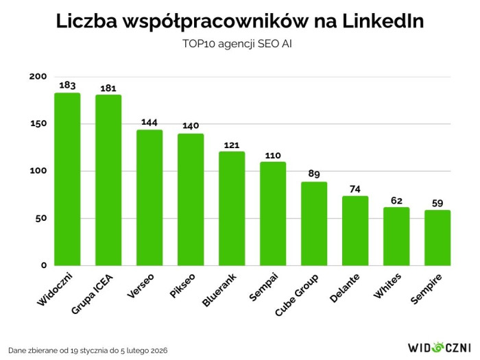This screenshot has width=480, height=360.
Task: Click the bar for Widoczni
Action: [x=67, y=179]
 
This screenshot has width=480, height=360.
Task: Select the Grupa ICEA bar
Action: [x=108, y=180]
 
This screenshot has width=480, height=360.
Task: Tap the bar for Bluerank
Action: [x=232, y=208]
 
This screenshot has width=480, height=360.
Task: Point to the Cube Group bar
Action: [x=314, y=224]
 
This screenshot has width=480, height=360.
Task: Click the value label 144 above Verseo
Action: [x=149, y=122]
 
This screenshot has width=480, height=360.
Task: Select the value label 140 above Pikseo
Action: [x=191, y=126]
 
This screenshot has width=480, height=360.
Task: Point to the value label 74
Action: [x=355, y=189]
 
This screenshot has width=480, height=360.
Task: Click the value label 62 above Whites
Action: [x=396, y=200]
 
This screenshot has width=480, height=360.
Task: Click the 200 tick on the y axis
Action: [x=38, y=77]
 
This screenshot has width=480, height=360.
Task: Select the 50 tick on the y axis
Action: [x=40, y=218]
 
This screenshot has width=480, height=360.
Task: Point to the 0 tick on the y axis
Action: [x=43, y=265]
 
